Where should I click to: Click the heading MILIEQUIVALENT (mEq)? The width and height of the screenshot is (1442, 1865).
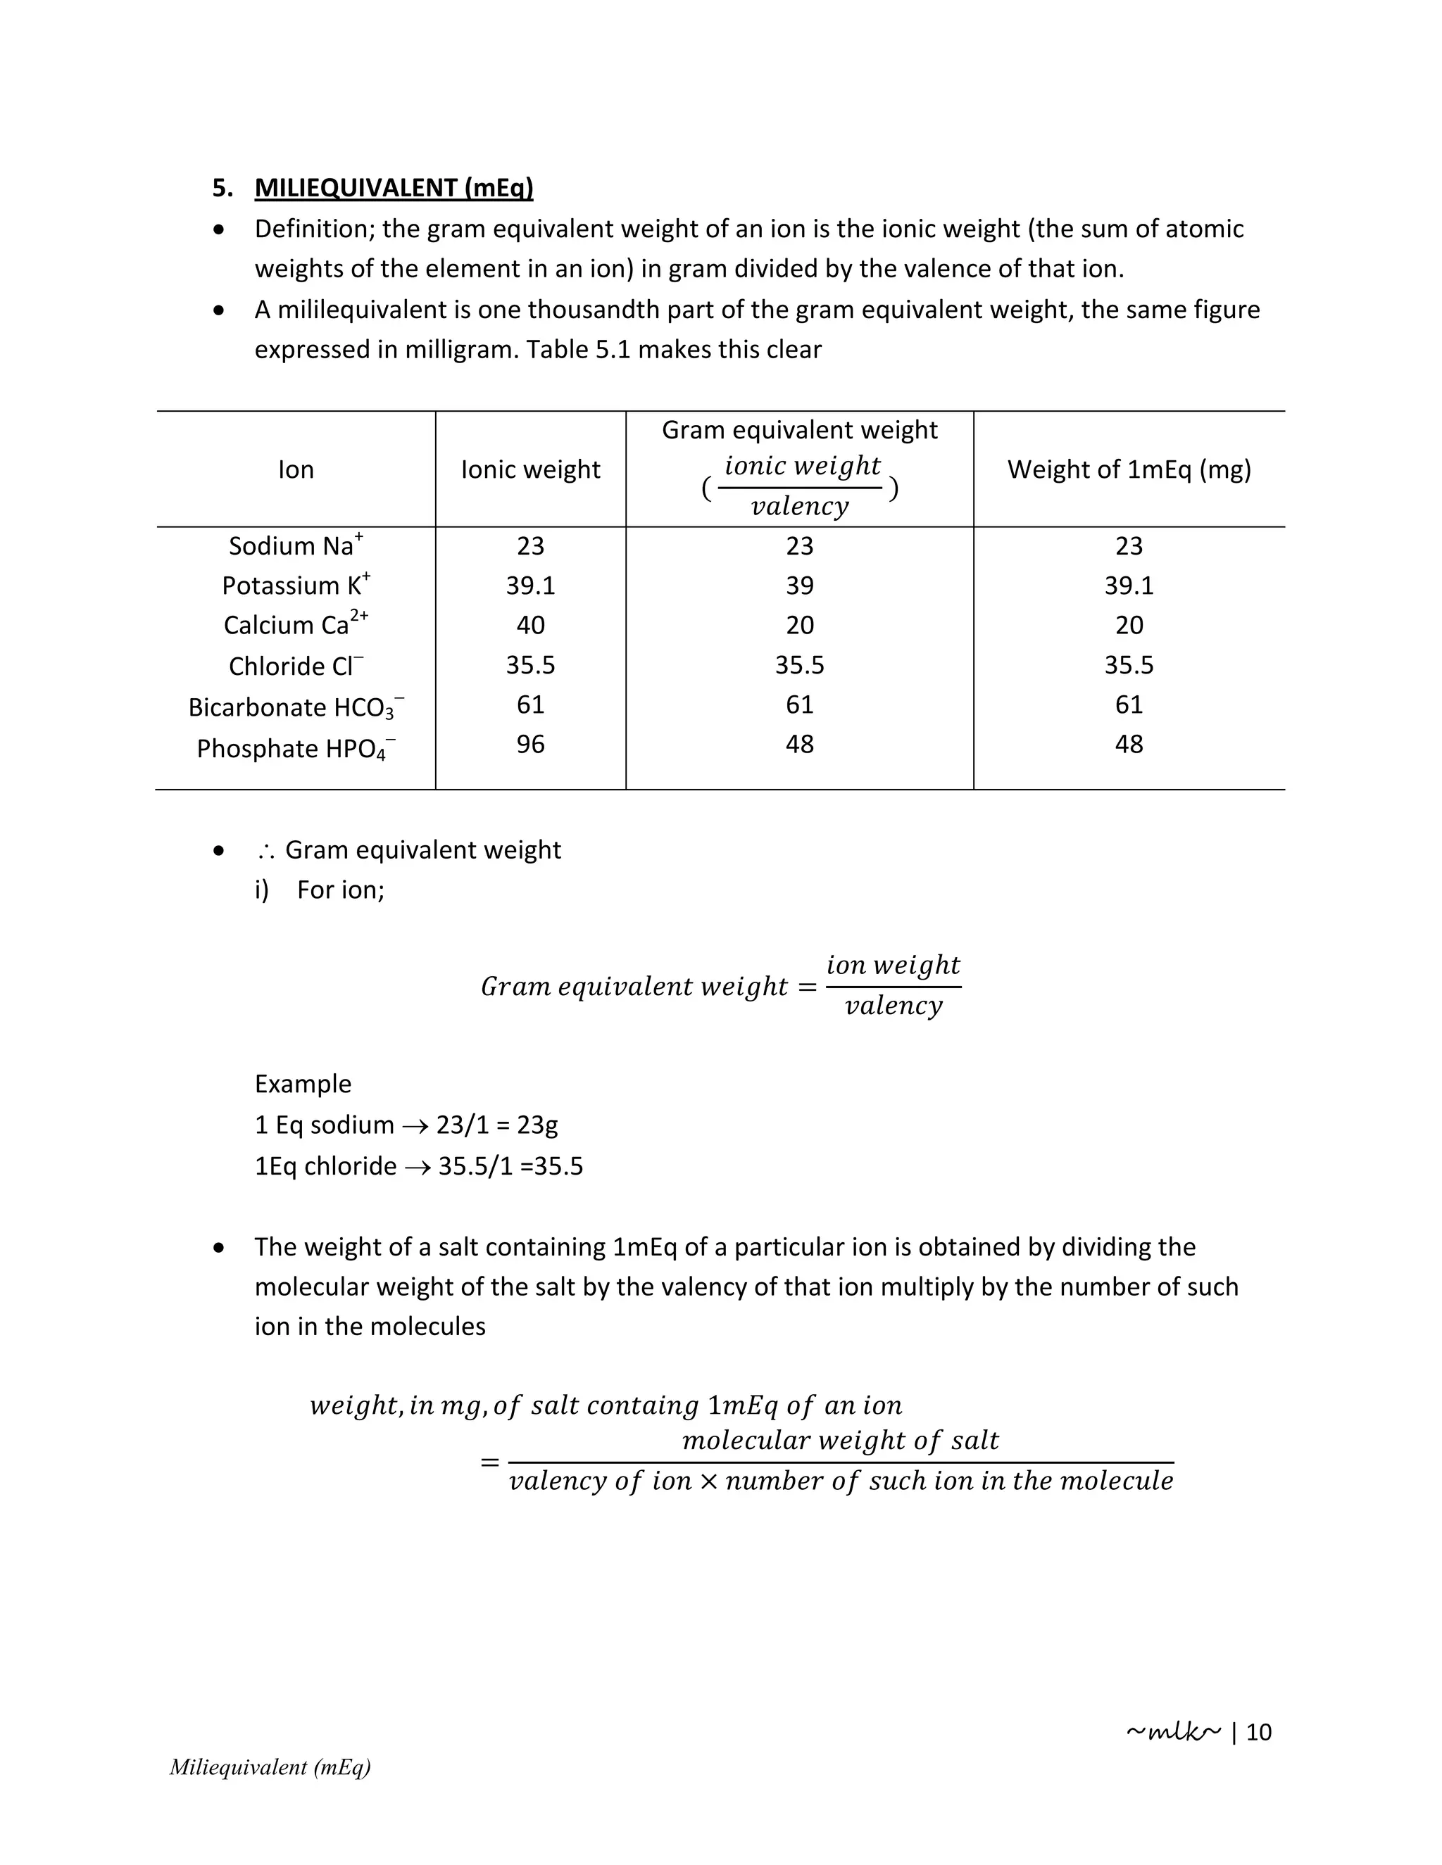tap(393, 188)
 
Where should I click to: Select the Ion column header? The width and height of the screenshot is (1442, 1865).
tap(296, 469)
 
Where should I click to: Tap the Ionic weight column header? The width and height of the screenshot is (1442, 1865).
tap(530, 469)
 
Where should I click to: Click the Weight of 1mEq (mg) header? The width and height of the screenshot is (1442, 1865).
tap(1129, 469)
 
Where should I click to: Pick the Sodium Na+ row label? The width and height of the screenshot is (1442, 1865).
tap(296, 545)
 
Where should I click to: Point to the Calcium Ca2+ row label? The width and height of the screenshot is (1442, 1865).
tap(296, 625)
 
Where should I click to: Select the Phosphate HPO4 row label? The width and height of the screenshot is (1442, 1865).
tap(296, 749)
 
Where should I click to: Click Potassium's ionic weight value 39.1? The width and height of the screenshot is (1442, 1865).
tap(530, 586)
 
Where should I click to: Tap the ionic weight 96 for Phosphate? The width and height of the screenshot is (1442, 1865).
tap(530, 745)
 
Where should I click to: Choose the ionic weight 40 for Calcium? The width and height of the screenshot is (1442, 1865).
tap(530, 625)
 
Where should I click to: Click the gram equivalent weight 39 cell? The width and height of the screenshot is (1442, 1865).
tap(800, 586)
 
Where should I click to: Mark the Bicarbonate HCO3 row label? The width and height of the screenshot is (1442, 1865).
tap(296, 708)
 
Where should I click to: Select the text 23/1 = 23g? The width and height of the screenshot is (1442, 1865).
tap(496, 1125)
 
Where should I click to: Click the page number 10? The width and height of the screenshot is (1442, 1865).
tap(1258, 1733)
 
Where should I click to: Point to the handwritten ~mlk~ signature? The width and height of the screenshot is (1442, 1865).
tap(1173, 1732)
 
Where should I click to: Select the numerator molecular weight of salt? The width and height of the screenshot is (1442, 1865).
tap(840, 1441)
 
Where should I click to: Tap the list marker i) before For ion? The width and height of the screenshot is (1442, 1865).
tap(261, 890)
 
